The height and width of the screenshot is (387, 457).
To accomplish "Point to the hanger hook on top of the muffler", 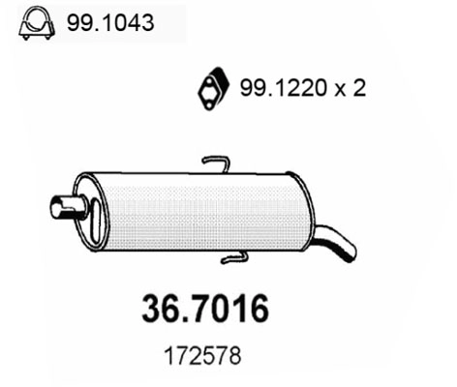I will click(216, 163).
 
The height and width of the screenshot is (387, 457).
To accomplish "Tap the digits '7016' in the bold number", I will click(229, 311).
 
